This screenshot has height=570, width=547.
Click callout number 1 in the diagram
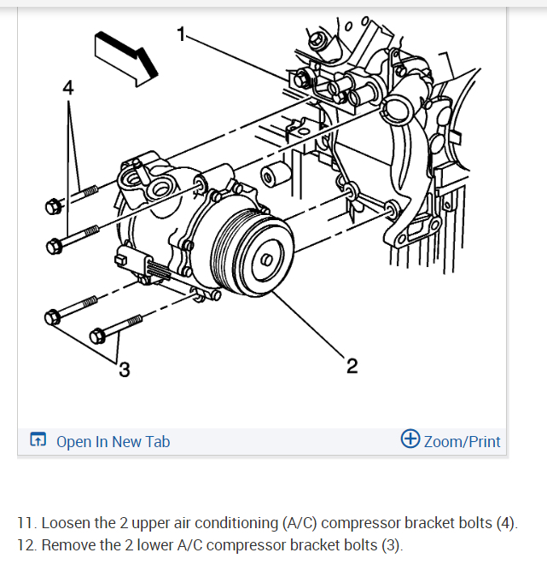click(x=180, y=34)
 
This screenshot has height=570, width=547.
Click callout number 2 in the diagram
click(x=352, y=366)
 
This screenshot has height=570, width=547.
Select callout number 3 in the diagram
click(x=125, y=369)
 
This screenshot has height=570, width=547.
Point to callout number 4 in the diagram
click(x=68, y=87)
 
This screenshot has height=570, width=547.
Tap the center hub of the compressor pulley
click(x=266, y=259)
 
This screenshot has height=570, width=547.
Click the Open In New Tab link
click(x=113, y=441)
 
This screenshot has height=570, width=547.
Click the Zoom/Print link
click(x=462, y=441)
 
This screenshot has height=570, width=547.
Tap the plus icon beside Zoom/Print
click(x=410, y=439)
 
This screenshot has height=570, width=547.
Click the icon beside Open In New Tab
click(x=38, y=441)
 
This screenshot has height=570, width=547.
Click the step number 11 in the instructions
click(x=26, y=522)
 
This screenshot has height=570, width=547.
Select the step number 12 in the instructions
click(x=26, y=544)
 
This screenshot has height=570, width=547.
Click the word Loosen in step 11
click(x=68, y=522)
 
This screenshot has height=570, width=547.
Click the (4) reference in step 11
click(x=505, y=522)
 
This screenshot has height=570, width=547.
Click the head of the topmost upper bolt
click(x=54, y=206)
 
